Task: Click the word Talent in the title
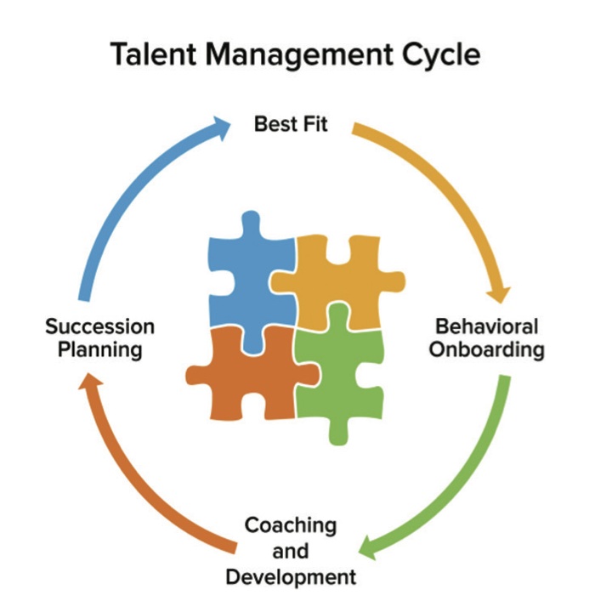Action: (153, 54)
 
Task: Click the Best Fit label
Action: (291, 124)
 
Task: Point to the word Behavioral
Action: (487, 326)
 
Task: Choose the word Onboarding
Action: (487, 349)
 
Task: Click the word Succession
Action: (100, 326)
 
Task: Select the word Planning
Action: (100, 349)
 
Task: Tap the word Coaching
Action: (291, 526)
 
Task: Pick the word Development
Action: (291, 577)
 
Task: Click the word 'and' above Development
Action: (291, 551)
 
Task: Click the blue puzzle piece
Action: (250, 285)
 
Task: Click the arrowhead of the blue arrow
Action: (220, 127)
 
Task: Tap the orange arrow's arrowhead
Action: (89, 382)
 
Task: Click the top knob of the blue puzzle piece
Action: (250, 223)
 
